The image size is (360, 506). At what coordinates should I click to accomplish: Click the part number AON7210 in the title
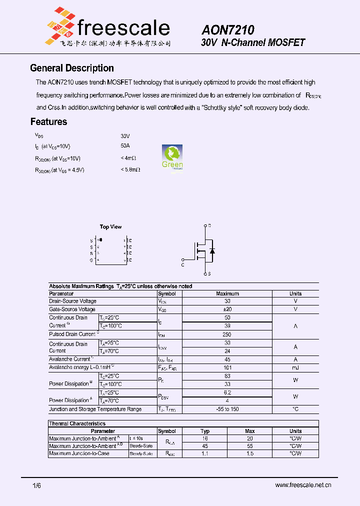coord(228,30)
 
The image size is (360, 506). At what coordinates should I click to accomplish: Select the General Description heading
coord(72,68)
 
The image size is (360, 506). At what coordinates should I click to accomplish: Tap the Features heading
coord(48,121)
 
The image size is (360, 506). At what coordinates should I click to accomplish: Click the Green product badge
coord(172,157)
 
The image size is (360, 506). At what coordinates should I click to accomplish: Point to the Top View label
coord(110,227)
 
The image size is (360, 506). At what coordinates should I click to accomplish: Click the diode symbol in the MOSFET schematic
coord(212,250)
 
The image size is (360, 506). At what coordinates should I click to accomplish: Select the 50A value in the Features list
coord(125,146)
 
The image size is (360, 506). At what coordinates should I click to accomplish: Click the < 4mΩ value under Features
coord(128,158)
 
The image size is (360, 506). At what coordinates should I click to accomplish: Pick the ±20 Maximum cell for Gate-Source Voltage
coord(227,309)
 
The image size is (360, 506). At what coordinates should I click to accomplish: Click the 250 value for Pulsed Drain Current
coord(227,334)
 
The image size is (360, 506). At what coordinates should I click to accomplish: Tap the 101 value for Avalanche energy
coord(227,367)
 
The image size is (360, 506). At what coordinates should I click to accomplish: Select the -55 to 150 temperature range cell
coord(227,409)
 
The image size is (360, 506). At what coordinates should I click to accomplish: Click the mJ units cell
coord(295,367)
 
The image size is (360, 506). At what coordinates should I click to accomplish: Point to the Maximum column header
coord(227,293)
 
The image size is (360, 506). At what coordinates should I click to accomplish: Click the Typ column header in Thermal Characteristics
coord(205,431)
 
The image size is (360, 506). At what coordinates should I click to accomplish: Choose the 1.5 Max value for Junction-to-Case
coord(250,453)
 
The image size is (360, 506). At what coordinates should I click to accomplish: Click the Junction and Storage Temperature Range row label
coord(95,409)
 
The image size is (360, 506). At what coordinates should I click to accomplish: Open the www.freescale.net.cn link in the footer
coord(303,485)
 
